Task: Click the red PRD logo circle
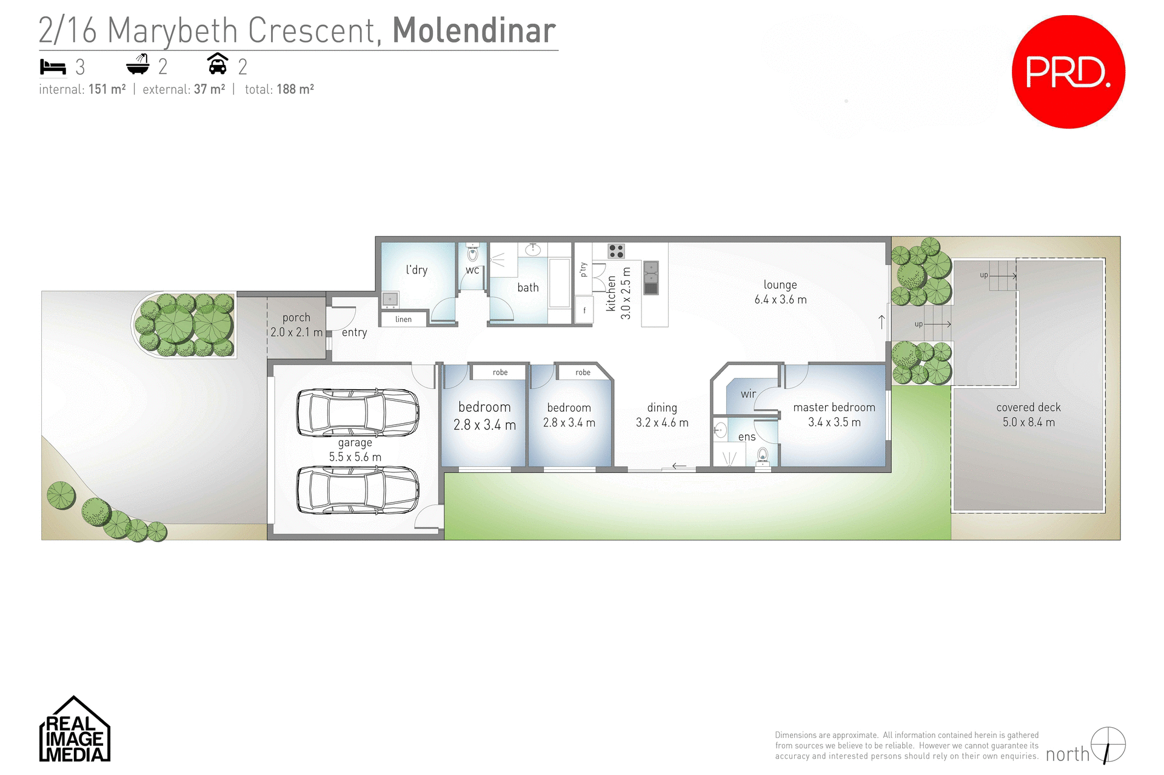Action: [1068, 72]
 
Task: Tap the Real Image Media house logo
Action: [75, 730]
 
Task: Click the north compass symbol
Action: [1108, 745]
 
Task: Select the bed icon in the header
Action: [53, 67]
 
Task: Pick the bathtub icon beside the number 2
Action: [138, 64]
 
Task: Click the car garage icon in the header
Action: [218, 64]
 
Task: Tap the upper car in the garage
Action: [358, 412]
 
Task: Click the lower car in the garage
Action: [358, 490]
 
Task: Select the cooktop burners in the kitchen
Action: [616, 251]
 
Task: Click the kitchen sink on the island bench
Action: [651, 277]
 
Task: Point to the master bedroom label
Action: [834, 408]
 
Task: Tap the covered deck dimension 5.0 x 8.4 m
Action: [1028, 423]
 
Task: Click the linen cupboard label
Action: [403, 320]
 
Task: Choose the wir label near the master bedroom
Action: [748, 394]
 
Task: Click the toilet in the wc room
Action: [472, 253]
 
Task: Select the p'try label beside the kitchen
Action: [583, 269]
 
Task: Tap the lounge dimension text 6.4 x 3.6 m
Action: [780, 300]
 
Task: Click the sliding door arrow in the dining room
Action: [679, 466]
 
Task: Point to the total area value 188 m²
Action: [295, 90]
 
